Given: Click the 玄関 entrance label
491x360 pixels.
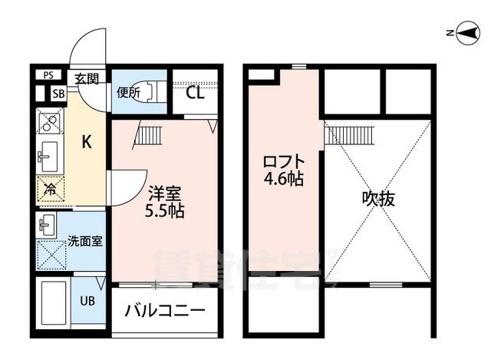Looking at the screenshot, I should click(x=87, y=78).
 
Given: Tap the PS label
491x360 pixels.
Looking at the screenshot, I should click(x=48, y=75).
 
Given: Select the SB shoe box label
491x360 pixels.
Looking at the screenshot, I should click(x=58, y=94).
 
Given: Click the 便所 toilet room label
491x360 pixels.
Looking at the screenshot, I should click(x=127, y=94).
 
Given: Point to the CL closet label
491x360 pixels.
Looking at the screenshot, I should click(x=195, y=94).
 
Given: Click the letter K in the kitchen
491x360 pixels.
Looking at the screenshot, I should click(x=87, y=141).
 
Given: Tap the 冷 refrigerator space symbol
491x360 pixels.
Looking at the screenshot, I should click(x=50, y=188).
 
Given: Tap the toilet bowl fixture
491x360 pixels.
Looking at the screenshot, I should click(x=149, y=92).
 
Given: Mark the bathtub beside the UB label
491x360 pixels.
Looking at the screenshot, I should click(x=54, y=306).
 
